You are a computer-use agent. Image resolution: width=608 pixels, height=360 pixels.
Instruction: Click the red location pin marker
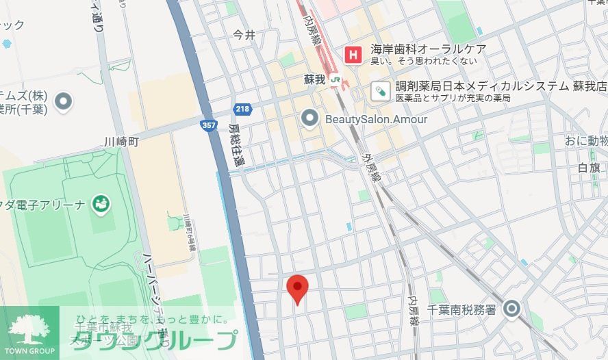[x=296, y=287]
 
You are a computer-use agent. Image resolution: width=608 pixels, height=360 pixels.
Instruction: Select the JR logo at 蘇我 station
[x=335, y=80]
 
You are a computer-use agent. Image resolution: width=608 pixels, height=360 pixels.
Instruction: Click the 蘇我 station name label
[x=314, y=80]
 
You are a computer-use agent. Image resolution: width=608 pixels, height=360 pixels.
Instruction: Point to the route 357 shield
[x=209, y=125]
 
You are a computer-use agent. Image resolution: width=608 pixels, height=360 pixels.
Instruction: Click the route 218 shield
[x=242, y=109]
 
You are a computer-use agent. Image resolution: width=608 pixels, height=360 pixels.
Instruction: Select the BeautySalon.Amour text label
[x=376, y=120]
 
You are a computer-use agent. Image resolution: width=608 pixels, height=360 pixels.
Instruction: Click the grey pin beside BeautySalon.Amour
[x=310, y=120]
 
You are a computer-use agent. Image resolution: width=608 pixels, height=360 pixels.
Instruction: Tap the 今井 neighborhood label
[x=244, y=34]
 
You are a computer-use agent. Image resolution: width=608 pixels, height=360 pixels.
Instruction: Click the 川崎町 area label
[x=121, y=142]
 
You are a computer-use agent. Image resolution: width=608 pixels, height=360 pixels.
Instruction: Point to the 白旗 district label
[x=589, y=168]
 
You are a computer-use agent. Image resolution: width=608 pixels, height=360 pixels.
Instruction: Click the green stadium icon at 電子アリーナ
[x=101, y=203]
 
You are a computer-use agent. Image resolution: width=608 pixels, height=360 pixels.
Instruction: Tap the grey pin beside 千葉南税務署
[x=511, y=309]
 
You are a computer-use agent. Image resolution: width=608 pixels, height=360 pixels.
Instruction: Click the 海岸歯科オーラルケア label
[x=428, y=49]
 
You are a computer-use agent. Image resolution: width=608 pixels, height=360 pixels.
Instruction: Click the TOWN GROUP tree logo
[x=29, y=329]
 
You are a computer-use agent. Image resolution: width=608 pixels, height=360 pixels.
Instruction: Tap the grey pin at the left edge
[x=64, y=102]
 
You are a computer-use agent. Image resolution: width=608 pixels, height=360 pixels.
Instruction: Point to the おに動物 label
[x=585, y=142]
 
